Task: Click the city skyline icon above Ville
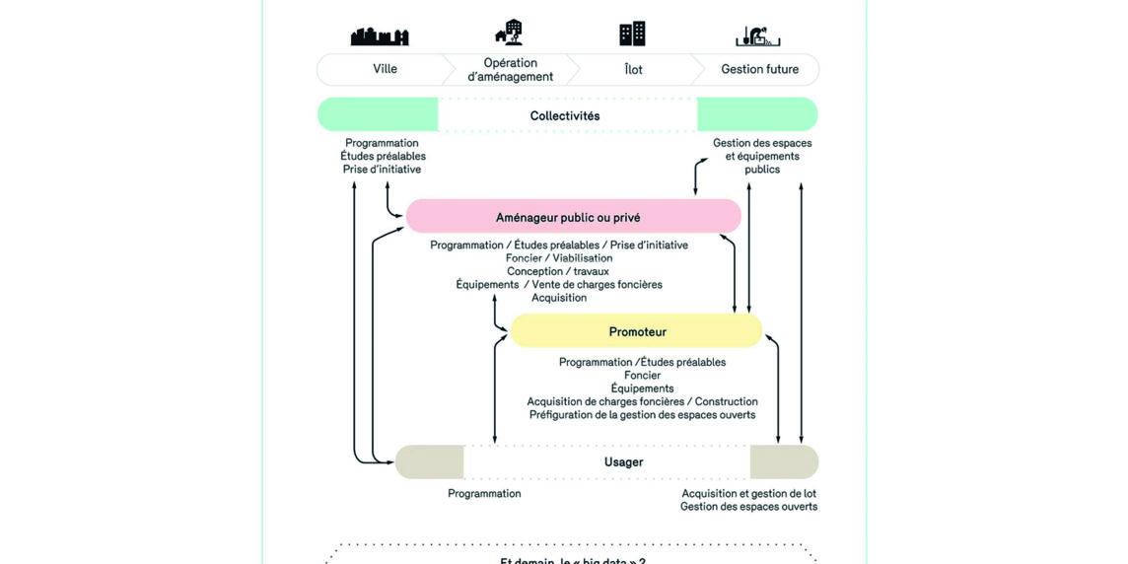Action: click(x=380, y=36)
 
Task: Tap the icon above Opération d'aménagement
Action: click(x=510, y=33)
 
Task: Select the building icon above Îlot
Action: click(x=632, y=34)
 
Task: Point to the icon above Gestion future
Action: click(x=758, y=35)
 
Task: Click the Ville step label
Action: click(x=386, y=69)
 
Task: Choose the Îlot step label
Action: click(x=634, y=70)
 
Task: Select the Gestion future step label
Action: click(x=759, y=69)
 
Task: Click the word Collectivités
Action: click(x=565, y=115)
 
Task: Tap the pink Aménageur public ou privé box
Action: click(x=573, y=217)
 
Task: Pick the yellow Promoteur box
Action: click(x=637, y=331)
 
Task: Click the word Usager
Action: click(x=623, y=461)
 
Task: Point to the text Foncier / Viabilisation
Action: click(x=559, y=258)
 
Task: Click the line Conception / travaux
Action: click(x=558, y=271)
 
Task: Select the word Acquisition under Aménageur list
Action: click(x=559, y=298)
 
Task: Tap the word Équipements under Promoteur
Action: click(x=642, y=388)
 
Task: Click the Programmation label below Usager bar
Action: click(x=484, y=493)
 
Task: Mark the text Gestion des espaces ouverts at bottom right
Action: click(x=748, y=507)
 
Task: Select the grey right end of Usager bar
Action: click(x=784, y=461)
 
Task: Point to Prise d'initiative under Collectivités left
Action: click(x=382, y=169)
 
